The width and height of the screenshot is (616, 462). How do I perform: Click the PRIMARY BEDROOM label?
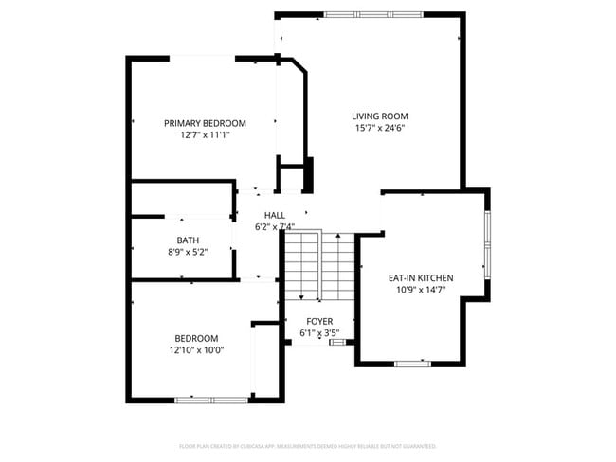click(x=205, y=123)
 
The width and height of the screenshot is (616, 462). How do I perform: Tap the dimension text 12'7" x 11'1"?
click(x=205, y=135)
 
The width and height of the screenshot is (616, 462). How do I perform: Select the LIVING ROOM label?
click(x=380, y=115)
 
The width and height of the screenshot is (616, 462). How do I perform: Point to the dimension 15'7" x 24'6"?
click(x=380, y=128)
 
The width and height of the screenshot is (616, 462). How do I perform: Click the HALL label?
click(x=275, y=215)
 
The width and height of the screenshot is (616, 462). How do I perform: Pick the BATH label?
click(x=187, y=240)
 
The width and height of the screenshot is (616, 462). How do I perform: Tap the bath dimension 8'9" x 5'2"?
click(x=187, y=252)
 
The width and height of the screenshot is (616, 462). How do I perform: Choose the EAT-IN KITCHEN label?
click(x=421, y=278)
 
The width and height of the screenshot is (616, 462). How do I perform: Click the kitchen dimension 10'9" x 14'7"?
click(x=421, y=291)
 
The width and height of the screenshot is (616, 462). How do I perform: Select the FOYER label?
click(x=319, y=322)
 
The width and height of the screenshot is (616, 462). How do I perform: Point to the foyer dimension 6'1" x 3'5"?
click(x=319, y=333)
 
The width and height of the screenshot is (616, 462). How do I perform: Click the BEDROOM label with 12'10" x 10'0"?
click(x=196, y=339)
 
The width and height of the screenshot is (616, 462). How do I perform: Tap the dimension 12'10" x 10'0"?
click(x=196, y=350)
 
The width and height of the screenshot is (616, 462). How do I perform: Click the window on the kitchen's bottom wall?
click(x=413, y=364)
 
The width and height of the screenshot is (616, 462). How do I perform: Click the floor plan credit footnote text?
click(x=307, y=445)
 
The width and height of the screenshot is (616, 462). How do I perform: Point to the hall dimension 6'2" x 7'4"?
click(x=275, y=226)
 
